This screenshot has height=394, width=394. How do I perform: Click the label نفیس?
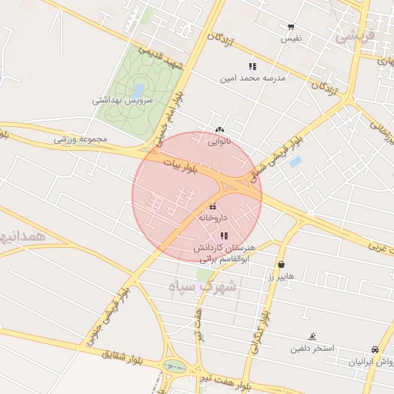tap(291, 38)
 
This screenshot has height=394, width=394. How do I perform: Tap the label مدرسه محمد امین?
tap(253, 78)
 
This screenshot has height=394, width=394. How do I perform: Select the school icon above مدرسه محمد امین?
tap(252, 66)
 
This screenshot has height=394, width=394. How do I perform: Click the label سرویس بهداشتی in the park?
tap(123, 100)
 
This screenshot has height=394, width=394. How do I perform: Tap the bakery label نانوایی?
tap(221, 141)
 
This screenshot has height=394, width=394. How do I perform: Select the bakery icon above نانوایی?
tap(220, 129)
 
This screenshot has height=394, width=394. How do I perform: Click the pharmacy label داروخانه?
tap(214, 218)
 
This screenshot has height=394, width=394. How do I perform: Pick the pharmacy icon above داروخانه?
tap(213, 206)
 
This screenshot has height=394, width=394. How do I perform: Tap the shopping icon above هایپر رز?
tap(281, 264)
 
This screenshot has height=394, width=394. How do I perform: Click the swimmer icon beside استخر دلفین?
tap(312, 337)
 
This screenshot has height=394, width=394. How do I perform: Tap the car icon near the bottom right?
tap(375, 349)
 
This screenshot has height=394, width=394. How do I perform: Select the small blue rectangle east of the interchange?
tap(295, 162)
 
